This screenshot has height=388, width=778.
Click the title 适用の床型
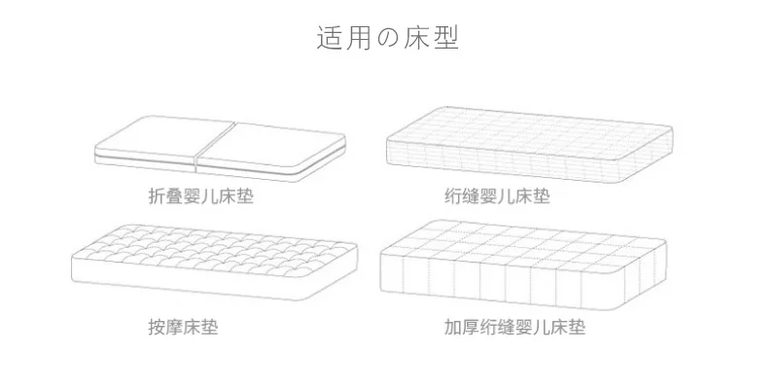pyautogui.click(x=387, y=38)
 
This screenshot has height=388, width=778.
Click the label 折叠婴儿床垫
pyautogui.click(x=201, y=196)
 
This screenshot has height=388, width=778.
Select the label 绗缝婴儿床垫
pyautogui.click(x=497, y=196)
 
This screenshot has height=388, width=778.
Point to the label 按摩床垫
pyautogui.click(x=183, y=327)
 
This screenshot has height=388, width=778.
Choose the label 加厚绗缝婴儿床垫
pyautogui.click(x=514, y=327)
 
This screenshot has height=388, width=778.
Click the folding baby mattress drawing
pyautogui.click(x=220, y=149)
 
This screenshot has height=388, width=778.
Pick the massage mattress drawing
pyautogui.click(x=214, y=262)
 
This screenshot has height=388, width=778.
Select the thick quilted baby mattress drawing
pyautogui.click(x=523, y=265)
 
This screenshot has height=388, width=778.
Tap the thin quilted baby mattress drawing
pyautogui.click(x=529, y=144)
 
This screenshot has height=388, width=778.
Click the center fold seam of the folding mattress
pyautogui.click(x=214, y=148)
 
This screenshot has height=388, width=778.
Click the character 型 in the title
pyautogui.click(x=446, y=38)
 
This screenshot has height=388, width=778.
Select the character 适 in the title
pyautogui.click(x=330, y=38)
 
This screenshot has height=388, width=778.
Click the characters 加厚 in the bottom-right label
pyautogui.click(x=461, y=327)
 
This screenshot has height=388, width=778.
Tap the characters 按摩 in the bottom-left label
pyautogui.click(x=165, y=327)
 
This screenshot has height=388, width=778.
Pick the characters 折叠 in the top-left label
pyautogui.click(x=165, y=196)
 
